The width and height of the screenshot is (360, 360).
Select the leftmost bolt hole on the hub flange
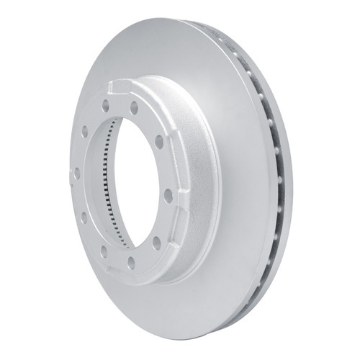(x=77, y=173)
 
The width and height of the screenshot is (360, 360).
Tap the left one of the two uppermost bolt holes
(x=106, y=104)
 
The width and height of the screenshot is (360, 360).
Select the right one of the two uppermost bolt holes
(x=134, y=109)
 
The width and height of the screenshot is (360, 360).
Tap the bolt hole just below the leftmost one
(x=84, y=215)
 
